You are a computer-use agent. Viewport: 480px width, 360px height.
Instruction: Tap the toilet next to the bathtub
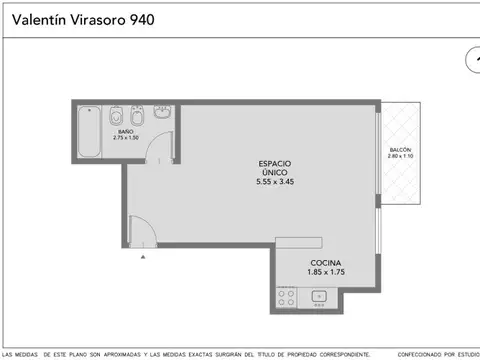click(x=117, y=112)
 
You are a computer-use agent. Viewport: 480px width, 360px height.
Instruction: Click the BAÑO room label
click(x=125, y=131)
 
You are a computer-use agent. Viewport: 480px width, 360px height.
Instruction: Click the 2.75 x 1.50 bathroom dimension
click(x=125, y=137)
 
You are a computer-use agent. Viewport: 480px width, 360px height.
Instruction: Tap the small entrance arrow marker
click(x=143, y=256)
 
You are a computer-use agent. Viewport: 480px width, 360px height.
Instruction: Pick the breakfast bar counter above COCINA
click(x=310, y=242)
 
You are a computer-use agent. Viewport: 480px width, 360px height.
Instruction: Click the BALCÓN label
click(x=402, y=151)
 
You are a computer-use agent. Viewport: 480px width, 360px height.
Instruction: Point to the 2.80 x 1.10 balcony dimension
click(x=402, y=158)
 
